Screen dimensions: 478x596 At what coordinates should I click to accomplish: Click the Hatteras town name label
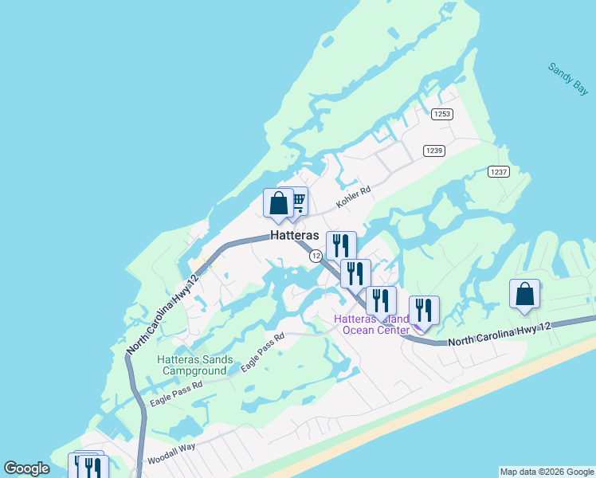[x=295, y=236]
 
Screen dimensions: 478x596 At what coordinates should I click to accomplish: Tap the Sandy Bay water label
[x=568, y=80]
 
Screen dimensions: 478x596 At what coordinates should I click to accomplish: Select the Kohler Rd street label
[x=354, y=198]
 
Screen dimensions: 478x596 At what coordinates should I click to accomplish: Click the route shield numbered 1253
[x=442, y=114]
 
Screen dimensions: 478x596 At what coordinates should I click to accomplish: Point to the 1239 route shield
[x=434, y=151]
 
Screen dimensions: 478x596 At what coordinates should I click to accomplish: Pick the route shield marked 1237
[x=499, y=172]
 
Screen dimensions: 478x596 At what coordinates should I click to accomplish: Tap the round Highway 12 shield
[x=316, y=256]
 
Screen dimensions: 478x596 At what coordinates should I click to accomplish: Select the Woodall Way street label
[x=171, y=455]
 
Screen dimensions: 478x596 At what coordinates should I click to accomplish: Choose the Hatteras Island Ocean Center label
[x=371, y=324]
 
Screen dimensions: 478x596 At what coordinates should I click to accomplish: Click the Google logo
[x=26, y=469]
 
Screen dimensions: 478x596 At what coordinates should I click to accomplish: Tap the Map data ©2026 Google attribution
[x=547, y=472]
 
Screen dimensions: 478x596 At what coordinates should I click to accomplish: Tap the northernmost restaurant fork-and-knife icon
[x=341, y=245]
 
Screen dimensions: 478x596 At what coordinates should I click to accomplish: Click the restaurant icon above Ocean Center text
[x=381, y=300]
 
